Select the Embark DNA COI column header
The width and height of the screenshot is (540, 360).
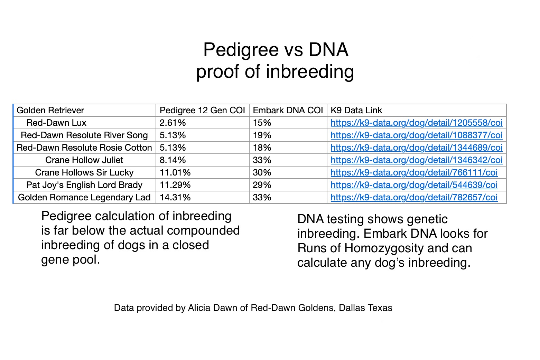(x=288, y=110)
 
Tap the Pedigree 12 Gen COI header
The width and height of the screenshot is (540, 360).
(x=202, y=110)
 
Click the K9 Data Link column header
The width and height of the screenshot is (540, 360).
(x=356, y=110)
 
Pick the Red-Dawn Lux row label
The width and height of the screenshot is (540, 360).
(x=56, y=123)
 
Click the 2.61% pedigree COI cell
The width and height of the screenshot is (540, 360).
(x=173, y=123)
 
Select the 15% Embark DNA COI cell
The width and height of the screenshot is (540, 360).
(x=262, y=123)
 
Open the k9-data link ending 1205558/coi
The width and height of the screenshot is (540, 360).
(x=416, y=123)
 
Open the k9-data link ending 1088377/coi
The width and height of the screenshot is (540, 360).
(x=416, y=135)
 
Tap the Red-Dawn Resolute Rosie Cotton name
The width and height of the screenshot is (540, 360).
(x=84, y=148)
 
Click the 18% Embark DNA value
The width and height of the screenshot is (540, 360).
(x=262, y=148)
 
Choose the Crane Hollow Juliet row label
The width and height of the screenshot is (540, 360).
(x=84, y=160)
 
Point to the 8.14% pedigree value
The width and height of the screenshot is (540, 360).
(x=173, y=160)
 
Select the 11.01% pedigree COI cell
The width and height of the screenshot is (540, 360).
(x=175, y=172)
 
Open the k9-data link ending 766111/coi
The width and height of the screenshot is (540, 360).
(x=414, y=172)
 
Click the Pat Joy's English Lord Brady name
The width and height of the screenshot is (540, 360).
(x=84, y=185)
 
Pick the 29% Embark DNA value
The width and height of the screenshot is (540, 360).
(x=262, y=185)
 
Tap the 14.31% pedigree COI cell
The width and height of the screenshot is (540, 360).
(x=175, y=197)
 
